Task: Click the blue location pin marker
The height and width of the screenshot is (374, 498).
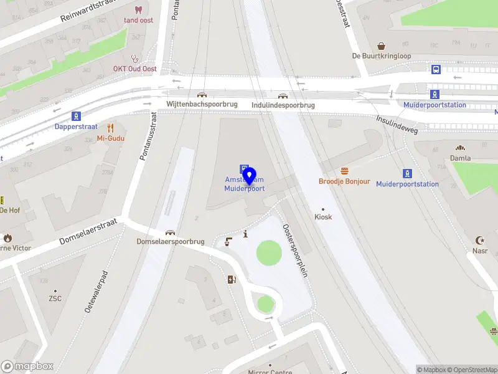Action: (x=250, y=177)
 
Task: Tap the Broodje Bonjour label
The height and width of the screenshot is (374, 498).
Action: (x=344, y=181)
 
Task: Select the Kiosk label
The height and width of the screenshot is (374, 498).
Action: (x=323, y=217)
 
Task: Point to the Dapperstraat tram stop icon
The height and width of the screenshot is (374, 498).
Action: (x=76, y=116)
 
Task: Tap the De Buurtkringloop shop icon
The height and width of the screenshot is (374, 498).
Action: (x=382, y=46)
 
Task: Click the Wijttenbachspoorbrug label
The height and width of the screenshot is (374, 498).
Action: (x=202, y=104)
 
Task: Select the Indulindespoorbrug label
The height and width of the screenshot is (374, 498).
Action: (x=283, y=105)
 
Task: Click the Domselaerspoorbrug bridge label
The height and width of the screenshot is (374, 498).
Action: (x=171, y=241)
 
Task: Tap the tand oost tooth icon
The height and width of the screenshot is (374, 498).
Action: (x=138, y=10)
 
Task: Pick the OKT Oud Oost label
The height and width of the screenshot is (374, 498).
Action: (x=134, y=69)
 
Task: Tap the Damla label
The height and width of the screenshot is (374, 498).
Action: (x=461, y=159)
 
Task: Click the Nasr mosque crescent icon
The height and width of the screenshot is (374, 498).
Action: (x=480, y=240)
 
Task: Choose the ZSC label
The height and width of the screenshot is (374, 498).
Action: (x=55, y=299)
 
